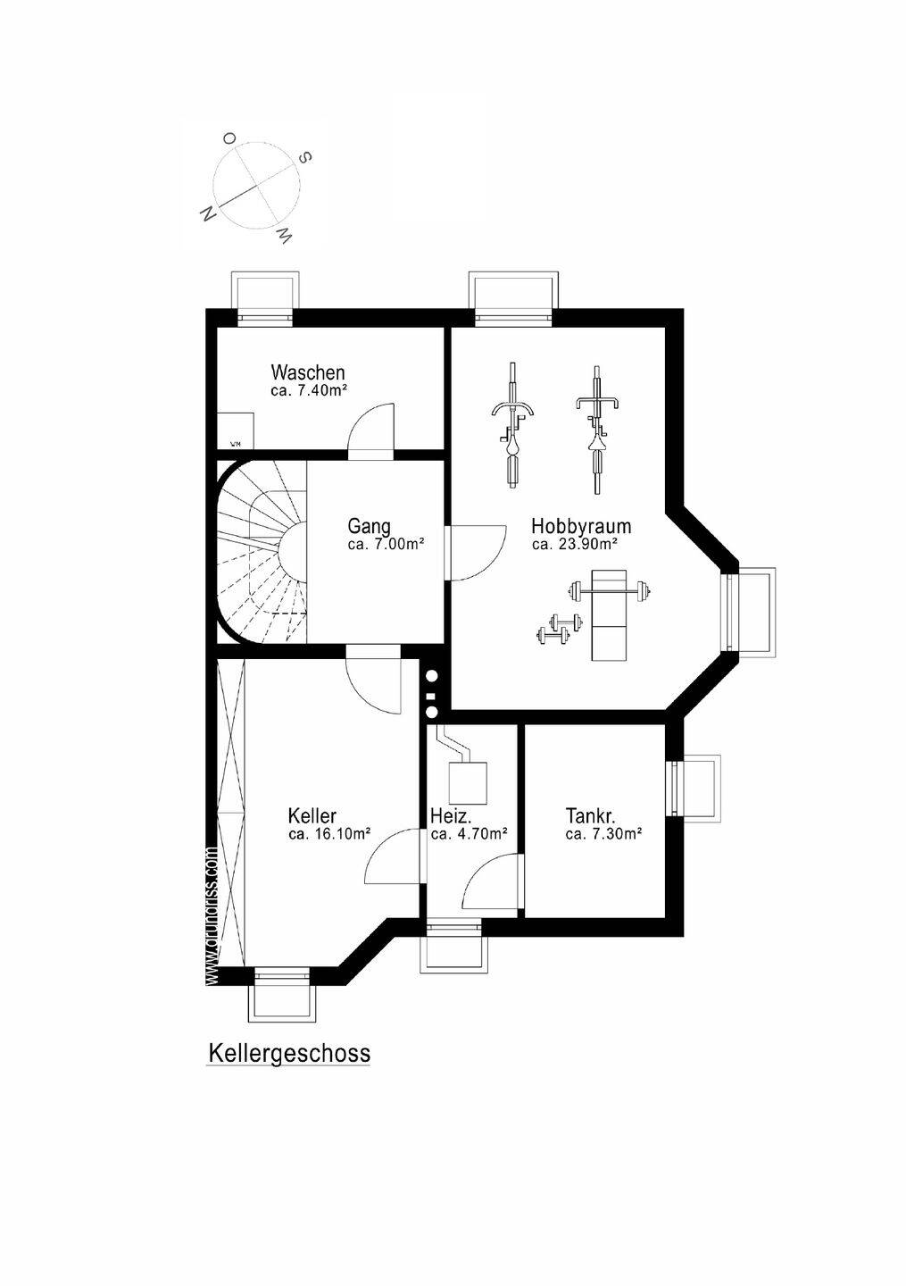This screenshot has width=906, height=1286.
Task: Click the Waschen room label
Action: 308,372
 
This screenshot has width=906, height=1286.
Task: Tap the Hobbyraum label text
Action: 581,525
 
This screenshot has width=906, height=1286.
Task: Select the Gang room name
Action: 369,526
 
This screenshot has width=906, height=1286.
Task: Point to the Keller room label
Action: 312,815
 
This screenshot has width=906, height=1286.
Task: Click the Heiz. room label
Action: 451,815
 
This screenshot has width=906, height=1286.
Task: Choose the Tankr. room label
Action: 590,815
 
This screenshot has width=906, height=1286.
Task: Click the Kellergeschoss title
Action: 288,1053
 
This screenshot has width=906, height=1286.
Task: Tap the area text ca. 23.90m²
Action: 576,544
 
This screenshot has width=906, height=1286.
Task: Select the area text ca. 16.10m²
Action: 329,834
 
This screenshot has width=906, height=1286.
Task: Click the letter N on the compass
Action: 208,213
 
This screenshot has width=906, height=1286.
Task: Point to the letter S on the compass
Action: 304,157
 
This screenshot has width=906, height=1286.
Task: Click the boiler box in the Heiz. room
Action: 467,782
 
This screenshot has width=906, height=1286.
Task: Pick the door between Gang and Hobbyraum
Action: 474,554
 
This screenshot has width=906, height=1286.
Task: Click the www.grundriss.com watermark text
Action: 212,916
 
